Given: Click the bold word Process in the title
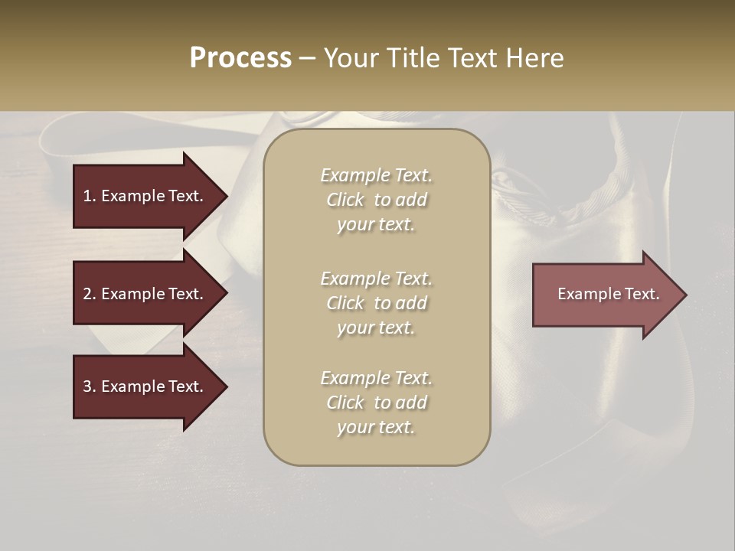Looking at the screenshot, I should pyautogui.click(x=240, y=58).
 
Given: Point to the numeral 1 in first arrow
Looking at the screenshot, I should pyautogui.click(x=87, y=196).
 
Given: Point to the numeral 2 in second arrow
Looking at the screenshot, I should pyautogui.click(x=87, y=294).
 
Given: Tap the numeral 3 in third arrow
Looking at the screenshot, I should pyautogui.click(x=87, y=386).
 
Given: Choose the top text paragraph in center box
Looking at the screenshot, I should pyautogui.click(x=376, y=200).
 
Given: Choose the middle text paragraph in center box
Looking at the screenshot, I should pyautogui.click(x=376, y=303).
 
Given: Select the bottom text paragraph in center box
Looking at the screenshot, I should pyautogui.click(x=376, y=403).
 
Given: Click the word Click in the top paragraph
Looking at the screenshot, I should pyautogui.click(x=345, y=200).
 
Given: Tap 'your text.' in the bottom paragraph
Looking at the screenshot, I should pyautogui.click(x=376, y=427).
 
